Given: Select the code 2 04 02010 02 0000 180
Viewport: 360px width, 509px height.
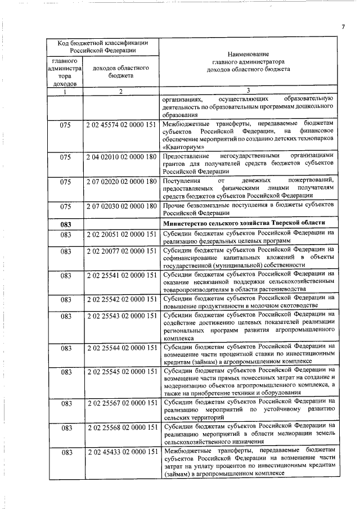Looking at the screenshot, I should [x=120, y=156].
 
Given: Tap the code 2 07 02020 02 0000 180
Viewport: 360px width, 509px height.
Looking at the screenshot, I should [x=120, y=182].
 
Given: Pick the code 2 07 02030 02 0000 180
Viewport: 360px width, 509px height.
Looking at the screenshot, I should [x=120, y=206].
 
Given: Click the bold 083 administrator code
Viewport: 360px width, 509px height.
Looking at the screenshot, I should [x=65, y=224].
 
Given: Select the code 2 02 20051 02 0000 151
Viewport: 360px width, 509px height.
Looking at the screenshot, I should [x=120, y=233].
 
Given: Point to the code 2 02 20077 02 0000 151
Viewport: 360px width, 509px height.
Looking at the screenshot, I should [x=120, y=250].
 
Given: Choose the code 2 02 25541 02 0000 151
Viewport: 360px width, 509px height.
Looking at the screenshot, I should [x=120, y=275].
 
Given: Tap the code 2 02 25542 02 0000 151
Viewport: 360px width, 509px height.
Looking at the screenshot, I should [x=120, y=299].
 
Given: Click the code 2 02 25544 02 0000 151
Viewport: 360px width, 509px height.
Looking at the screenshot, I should [x=120, y=348].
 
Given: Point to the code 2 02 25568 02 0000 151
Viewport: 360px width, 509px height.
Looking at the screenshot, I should [x=120, y=428].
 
